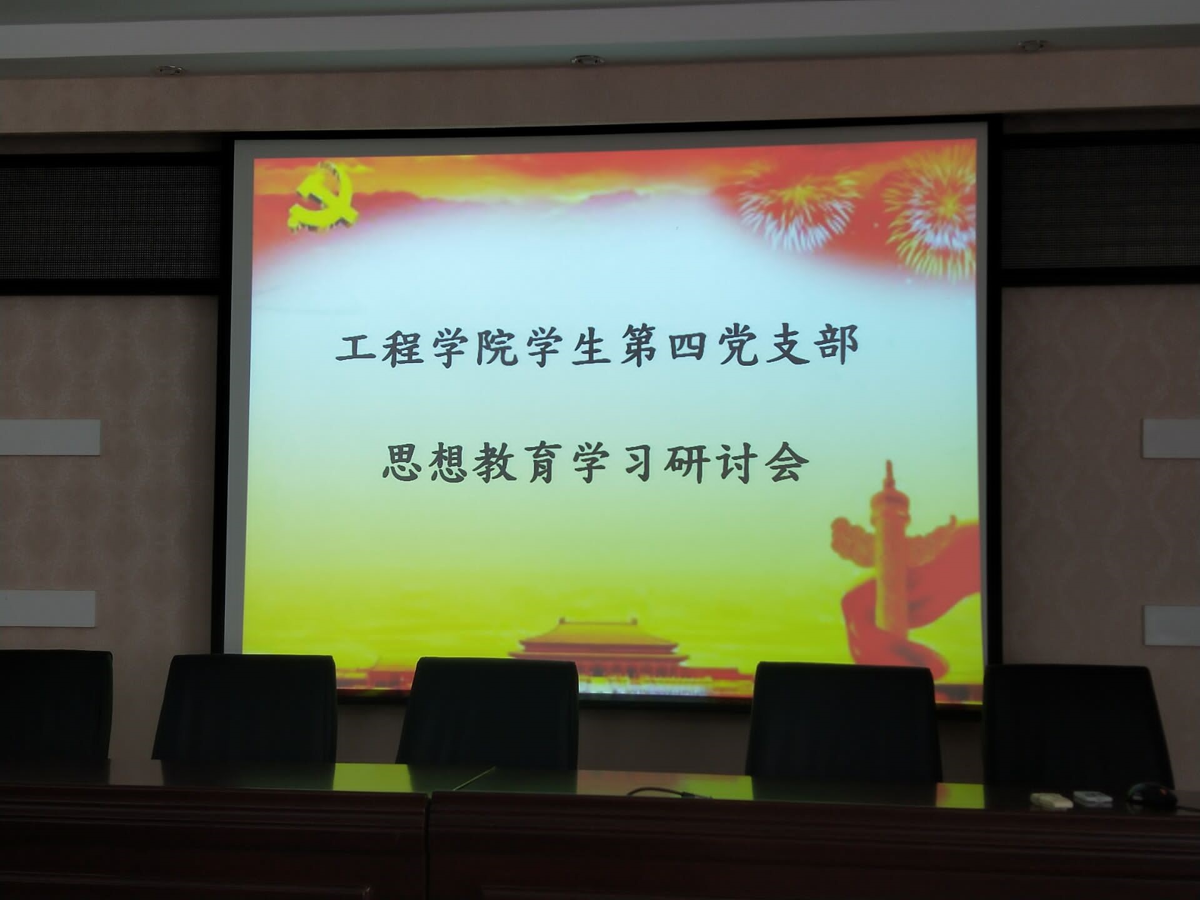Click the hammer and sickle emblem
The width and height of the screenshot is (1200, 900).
[323, 196]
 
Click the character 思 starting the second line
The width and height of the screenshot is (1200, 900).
[403, 462]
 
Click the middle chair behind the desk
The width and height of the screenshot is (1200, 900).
[488, 713]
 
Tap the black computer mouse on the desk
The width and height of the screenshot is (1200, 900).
[1151, 794]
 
